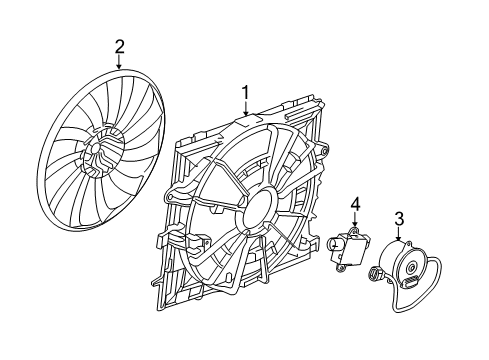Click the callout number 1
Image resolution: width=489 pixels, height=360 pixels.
click(245, 94)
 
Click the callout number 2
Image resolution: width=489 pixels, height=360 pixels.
click(119, 45)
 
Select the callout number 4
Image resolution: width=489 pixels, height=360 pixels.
click(353, 205)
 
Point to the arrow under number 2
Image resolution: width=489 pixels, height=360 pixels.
click(119, 61)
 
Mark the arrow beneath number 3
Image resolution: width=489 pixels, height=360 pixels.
click(398, 237)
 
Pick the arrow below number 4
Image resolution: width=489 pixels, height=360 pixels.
click(353, 222)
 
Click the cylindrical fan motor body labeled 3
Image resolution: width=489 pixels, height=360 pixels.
click(405, 265)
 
